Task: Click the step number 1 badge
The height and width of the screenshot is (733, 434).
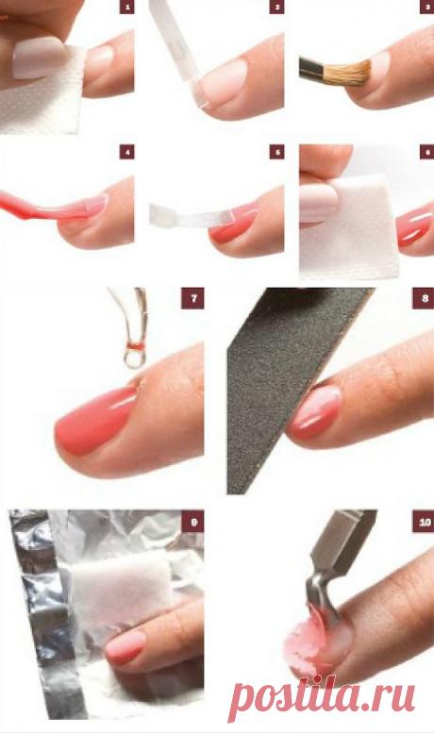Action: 126,7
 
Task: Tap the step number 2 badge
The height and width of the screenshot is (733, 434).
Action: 276,7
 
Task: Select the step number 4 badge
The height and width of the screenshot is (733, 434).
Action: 126,152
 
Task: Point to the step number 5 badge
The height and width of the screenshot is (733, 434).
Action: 276,152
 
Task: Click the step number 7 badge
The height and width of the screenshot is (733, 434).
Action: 192,298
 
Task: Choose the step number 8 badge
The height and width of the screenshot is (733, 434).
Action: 424,298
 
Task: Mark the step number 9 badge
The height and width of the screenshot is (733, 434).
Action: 192,522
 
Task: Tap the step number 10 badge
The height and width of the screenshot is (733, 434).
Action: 424,522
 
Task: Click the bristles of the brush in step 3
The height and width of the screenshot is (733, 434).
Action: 347,73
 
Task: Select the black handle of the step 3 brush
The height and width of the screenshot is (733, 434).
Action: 311,68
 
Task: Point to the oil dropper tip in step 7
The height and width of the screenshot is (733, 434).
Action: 133,358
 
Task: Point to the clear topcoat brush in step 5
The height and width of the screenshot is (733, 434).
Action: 192,216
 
